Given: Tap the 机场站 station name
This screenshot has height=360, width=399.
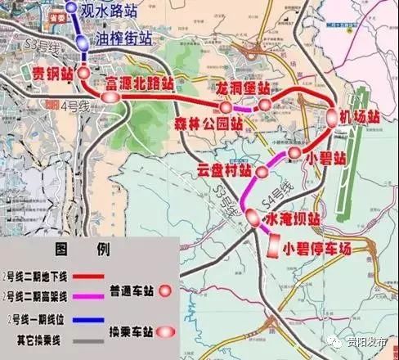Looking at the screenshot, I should coord(361,117).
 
